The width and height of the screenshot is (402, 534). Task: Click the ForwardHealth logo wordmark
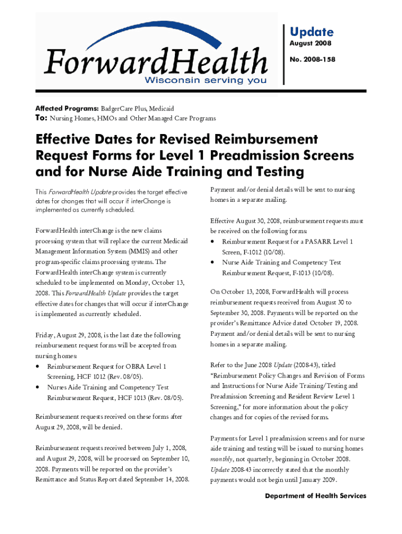156,63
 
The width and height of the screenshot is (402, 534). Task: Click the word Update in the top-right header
311,32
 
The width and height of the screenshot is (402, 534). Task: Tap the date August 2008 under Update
311,44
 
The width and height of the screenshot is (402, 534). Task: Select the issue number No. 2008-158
312,60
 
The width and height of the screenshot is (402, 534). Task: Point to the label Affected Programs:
66,108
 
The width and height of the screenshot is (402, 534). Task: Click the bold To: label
41,118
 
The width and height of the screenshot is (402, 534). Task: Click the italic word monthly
221,459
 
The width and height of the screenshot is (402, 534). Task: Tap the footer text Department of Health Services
315,496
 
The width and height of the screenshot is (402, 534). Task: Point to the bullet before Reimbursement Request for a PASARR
213,242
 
